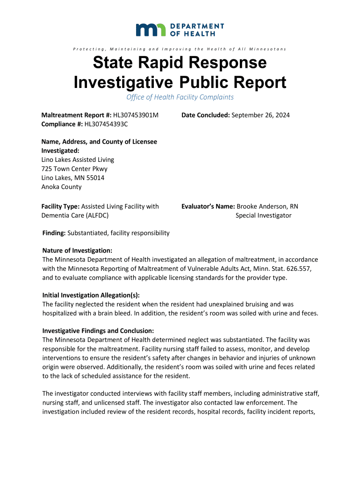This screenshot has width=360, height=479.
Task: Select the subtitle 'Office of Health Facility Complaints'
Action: pos(180,97)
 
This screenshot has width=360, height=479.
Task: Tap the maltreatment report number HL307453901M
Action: pos(136,115)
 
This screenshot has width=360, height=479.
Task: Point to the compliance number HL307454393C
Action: pos(106,124)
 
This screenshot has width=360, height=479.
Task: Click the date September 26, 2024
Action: pos(260,115)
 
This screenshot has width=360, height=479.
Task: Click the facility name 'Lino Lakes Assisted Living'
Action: pos(78,160)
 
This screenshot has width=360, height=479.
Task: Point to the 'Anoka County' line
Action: pos(62,187)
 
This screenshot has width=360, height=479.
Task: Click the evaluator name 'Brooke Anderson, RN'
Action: pos(267,206)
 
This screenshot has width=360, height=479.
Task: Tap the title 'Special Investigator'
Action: pos(263,215)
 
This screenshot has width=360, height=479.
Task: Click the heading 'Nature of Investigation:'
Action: pos(77,251)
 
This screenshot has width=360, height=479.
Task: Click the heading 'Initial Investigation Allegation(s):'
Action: pos(91,295)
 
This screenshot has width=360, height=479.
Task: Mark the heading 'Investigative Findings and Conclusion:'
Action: pos(98,331)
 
